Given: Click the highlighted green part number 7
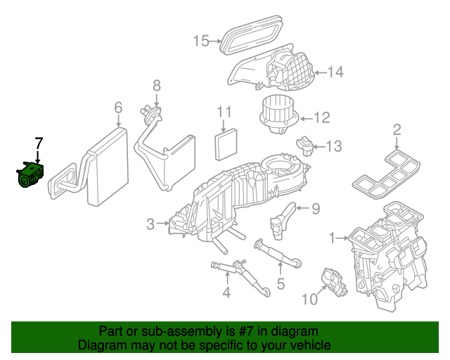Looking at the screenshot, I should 30,174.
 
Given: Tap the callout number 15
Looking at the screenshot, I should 200,41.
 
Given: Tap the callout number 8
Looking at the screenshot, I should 156,85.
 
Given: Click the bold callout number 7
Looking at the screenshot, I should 39,143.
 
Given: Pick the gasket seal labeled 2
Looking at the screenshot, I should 385,173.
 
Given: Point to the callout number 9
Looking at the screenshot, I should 315,208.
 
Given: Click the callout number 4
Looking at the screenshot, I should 226,292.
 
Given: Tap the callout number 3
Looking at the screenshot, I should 150,224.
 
